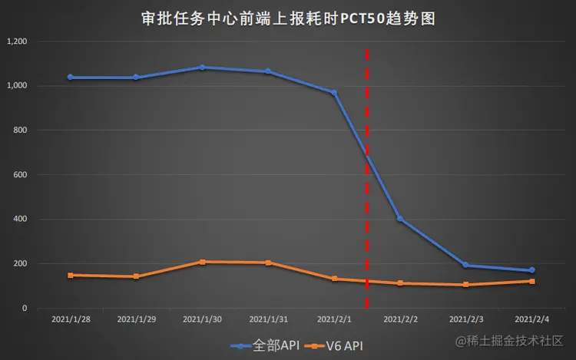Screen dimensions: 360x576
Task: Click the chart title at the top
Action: point(288,18)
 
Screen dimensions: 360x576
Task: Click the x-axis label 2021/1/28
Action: point(70,318)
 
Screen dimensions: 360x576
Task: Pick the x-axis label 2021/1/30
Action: point(202,318)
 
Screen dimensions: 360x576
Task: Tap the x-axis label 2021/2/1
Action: point(334,318)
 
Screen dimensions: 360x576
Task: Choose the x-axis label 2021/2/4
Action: point(531,318)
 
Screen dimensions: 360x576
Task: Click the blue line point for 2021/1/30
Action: point(202,68)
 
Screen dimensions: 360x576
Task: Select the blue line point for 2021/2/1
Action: point(334,93)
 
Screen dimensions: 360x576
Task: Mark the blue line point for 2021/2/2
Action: point(400,219)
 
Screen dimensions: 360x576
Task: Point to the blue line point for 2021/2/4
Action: point(531,270)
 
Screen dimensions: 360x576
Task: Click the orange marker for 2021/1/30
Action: point(202,262)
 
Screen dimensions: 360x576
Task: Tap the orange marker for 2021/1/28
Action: point(70,275)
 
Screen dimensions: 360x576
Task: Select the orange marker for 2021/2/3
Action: point(465,285)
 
